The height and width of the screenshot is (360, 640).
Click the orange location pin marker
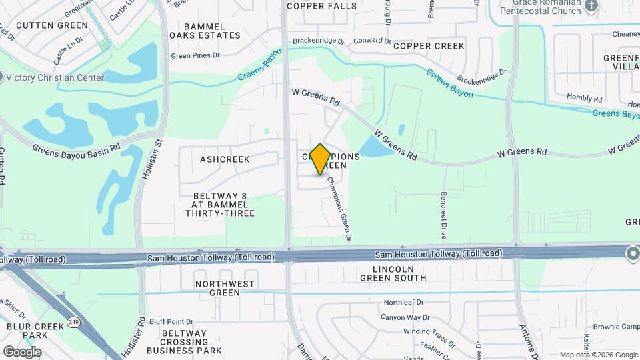point(320,159)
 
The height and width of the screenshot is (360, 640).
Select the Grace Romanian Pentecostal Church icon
point(591,6)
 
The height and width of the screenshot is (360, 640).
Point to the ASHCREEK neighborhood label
point(225,159)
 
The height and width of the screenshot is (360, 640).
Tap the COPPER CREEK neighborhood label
point(429,46)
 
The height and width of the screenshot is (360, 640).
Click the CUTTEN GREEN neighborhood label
point(51,25)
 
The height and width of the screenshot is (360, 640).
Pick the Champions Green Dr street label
point(338,209)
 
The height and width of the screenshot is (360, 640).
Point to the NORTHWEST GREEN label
point(225,288)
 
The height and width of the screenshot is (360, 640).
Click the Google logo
point(21,351)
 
